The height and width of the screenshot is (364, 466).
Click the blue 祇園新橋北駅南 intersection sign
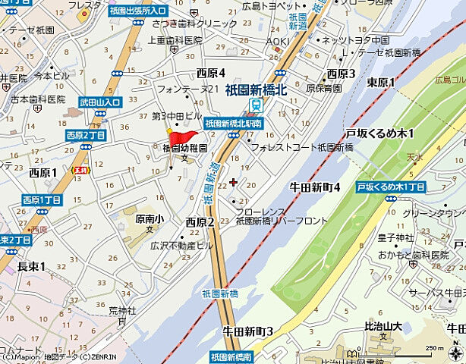coord(233,122)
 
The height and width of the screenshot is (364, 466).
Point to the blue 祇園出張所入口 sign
coord(138,11)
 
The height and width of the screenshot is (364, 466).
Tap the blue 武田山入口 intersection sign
coord(100,102)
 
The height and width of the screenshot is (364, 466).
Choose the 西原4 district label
coord(211,73)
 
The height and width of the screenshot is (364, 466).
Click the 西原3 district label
coord(341,73)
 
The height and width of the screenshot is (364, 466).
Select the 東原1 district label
coord(381,82)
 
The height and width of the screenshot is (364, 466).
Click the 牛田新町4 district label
coord(314,187)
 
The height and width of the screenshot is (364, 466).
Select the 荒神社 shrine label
coord(121,310)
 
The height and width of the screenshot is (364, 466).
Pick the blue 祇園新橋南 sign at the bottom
coord(231,356)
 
